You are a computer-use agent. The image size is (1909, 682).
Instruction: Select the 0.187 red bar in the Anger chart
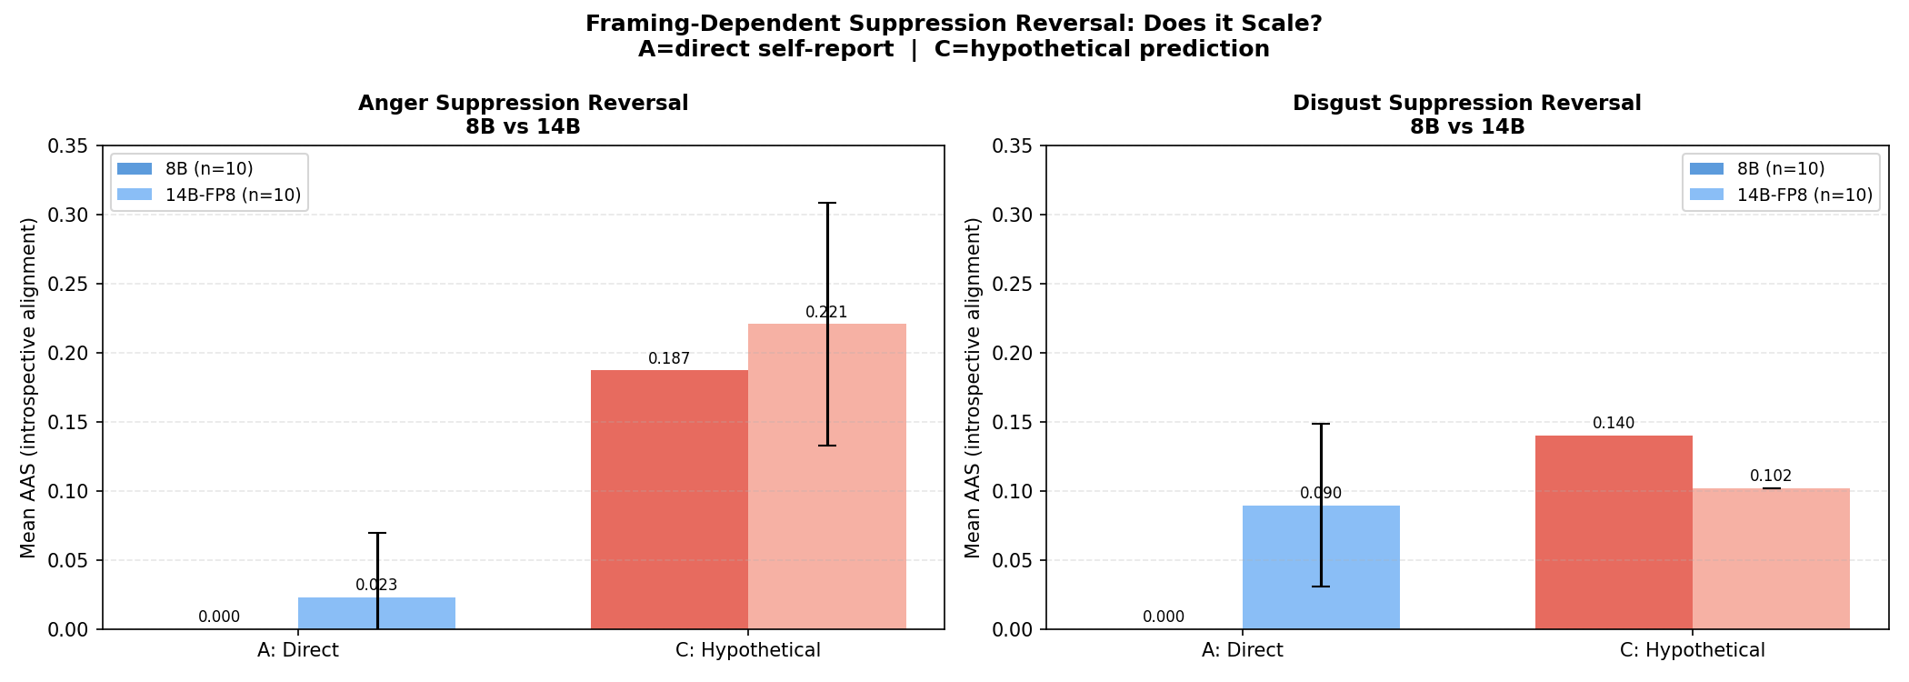[669, 500]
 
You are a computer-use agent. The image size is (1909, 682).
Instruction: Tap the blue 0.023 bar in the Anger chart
[376, 614]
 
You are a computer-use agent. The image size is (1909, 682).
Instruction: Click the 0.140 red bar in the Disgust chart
[1614, 532]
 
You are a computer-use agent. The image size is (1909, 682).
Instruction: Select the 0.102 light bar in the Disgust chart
[1771, 559]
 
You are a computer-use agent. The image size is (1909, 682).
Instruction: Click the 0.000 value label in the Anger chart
[219, 617]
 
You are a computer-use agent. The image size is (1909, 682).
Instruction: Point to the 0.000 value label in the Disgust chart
[1164, 617]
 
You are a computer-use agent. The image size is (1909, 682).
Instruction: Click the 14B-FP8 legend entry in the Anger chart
[233, 195]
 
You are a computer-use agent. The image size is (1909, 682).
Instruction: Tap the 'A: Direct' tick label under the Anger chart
[298, 651]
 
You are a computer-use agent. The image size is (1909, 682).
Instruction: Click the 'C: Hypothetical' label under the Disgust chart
[1693, 651]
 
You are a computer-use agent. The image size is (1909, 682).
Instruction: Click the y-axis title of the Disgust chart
[973, 387]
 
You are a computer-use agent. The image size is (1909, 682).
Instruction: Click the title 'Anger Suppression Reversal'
[523, 104]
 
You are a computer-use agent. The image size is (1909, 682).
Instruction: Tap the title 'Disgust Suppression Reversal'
[1467, 104]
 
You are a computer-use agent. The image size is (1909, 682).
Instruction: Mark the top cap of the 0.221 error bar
[826, 204]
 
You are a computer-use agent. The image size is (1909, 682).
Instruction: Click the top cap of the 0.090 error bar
[1321, 424]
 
